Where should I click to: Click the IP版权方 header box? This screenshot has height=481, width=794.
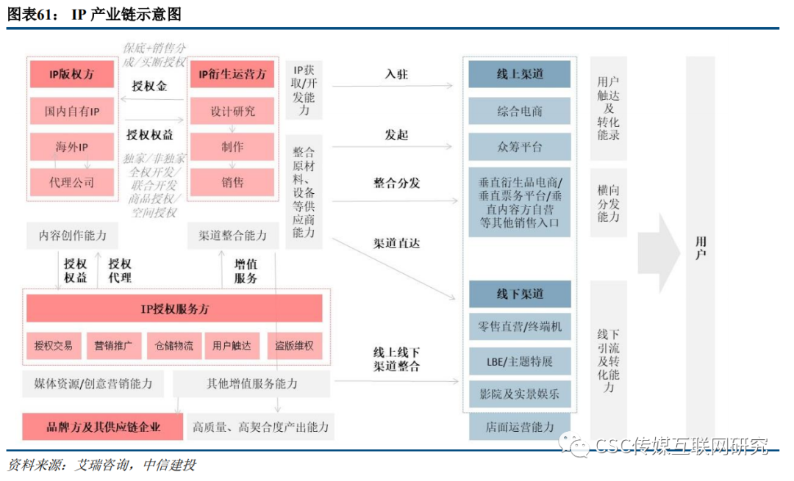point(72,74)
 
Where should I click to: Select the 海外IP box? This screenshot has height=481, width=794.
point(72,147)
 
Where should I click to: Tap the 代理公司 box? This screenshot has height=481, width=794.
point(72,181)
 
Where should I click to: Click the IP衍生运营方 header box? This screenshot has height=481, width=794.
point(232,74)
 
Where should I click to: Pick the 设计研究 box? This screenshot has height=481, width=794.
point(232,112)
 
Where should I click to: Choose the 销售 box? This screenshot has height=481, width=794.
point(232,181)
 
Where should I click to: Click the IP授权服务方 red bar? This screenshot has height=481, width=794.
point(174,309)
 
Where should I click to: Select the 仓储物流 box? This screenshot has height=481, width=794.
point(174,345)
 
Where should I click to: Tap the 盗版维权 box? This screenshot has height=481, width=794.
point(294,345)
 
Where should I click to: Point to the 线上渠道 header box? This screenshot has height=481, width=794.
point(520,74)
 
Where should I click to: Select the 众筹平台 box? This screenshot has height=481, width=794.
point(520,147)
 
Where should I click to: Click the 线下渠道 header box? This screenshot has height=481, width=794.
point(520,294)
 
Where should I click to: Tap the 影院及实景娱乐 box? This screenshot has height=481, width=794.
point(520,394)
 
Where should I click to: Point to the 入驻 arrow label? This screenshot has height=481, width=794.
point(396,74)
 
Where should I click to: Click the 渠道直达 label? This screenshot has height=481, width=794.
point(396,243)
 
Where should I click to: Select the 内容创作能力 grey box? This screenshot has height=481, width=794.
point(72,236)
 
